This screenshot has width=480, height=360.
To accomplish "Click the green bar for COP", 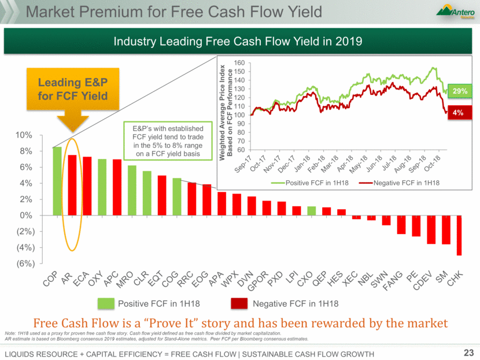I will click(57, 181).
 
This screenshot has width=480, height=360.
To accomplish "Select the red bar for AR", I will click(72, 185).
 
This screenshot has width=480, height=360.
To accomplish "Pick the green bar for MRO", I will click(132, 190).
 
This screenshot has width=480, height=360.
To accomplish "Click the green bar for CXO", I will click(312, 211).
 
